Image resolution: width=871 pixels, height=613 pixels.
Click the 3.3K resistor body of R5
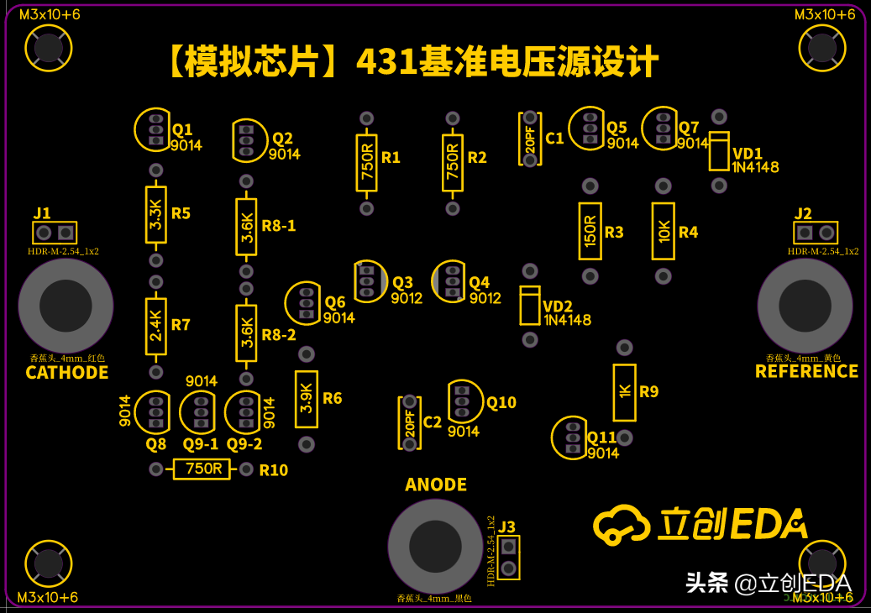(x=155, y=214)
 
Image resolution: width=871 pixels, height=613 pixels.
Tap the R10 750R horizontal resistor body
(x=202, y=469)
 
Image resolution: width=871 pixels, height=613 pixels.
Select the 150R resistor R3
(x=590, y=231)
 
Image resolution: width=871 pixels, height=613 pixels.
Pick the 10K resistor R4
(x=663, y=231)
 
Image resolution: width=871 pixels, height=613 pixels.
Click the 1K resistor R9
(x=624, y=392)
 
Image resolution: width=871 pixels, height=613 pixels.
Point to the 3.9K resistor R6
(x=307, y=399)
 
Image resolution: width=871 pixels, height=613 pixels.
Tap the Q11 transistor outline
(x=571, y=437)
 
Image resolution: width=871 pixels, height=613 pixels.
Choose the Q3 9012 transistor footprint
(x=369, y=281)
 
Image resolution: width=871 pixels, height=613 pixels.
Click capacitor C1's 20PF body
(x=530, y=139)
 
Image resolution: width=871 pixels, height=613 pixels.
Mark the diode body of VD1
(x=719, y=151)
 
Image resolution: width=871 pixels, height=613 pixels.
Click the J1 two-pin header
(x=55, y=233)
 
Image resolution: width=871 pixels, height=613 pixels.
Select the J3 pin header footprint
(x=508, y=558)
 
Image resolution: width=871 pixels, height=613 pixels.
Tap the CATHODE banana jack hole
(x=66, y=306)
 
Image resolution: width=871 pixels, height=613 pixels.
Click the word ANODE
(x=436, y=485)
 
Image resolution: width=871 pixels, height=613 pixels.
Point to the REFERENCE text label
(x=806, y=371)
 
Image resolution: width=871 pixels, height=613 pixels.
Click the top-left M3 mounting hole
(x=49, y=48)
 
